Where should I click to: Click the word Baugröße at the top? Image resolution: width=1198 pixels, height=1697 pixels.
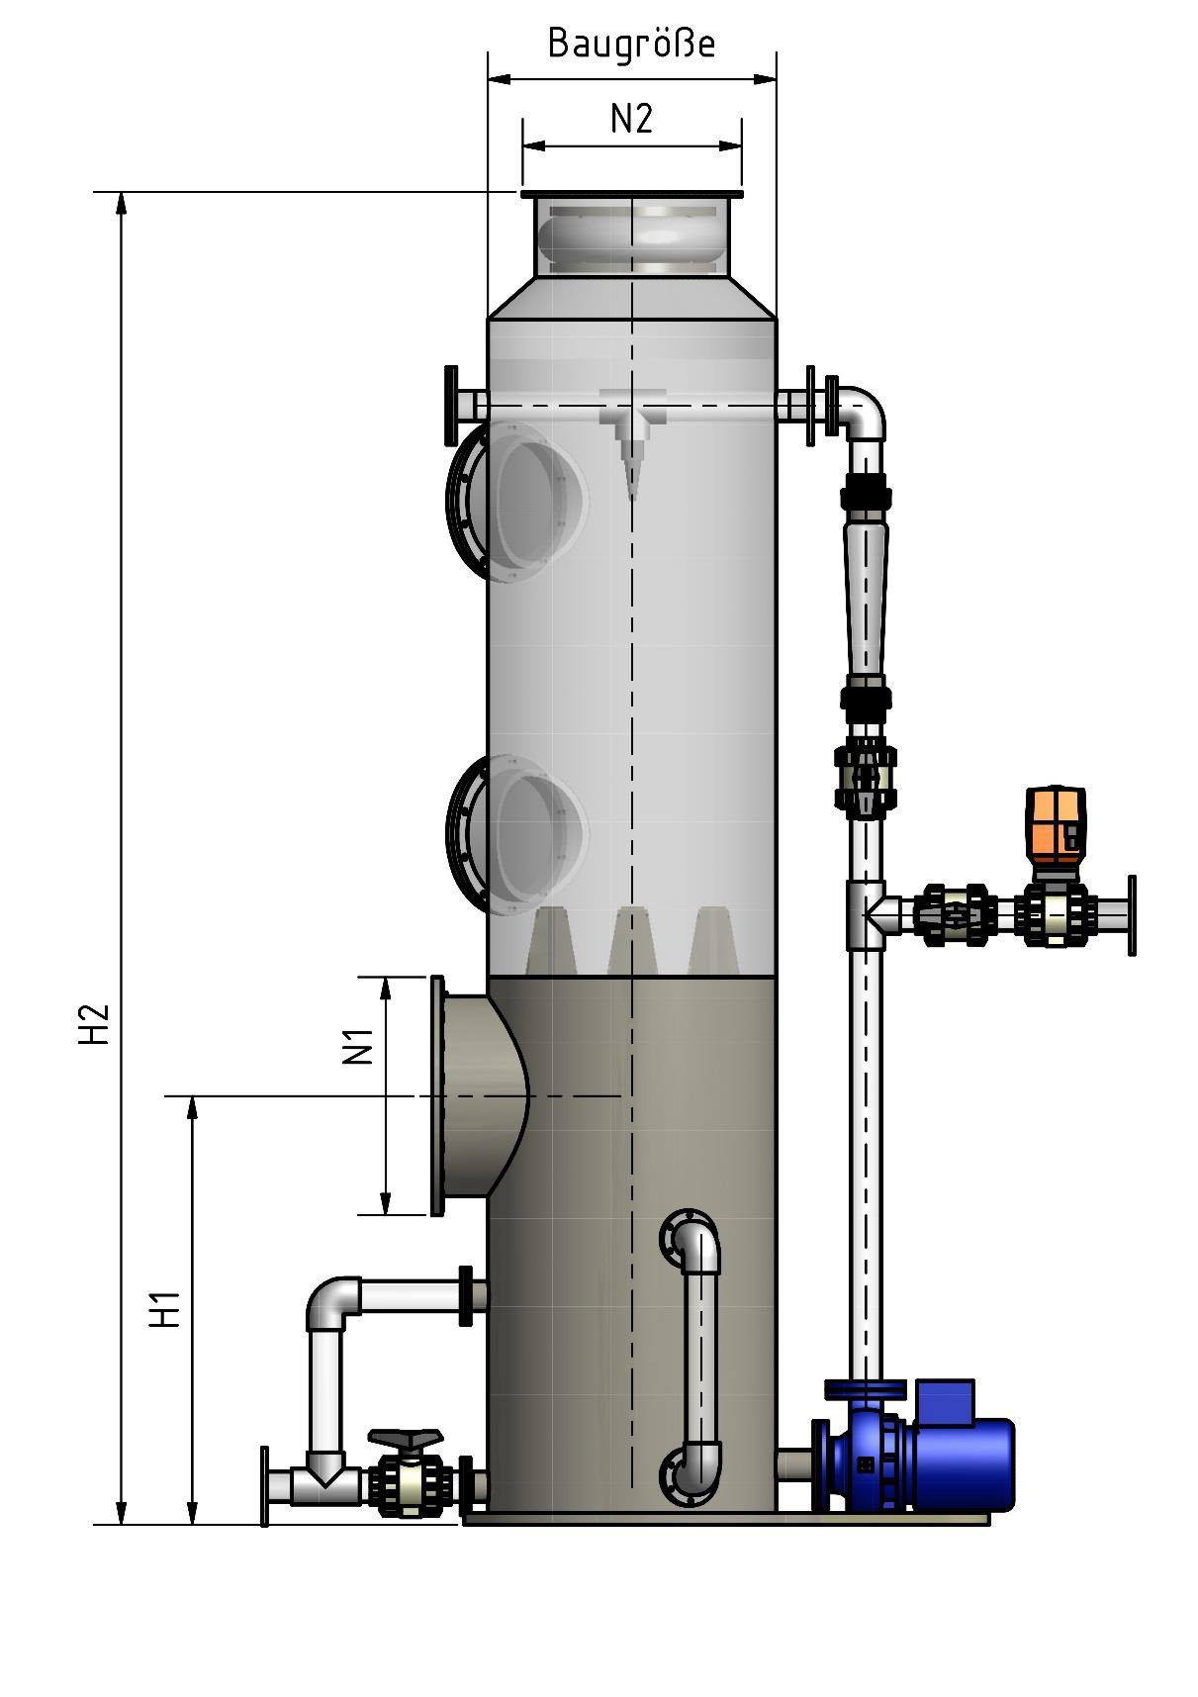click(631, 45)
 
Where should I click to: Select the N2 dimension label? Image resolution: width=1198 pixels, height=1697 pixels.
click(631, 119)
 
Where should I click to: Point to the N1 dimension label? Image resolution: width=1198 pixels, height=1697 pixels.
click(358, 1047)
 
